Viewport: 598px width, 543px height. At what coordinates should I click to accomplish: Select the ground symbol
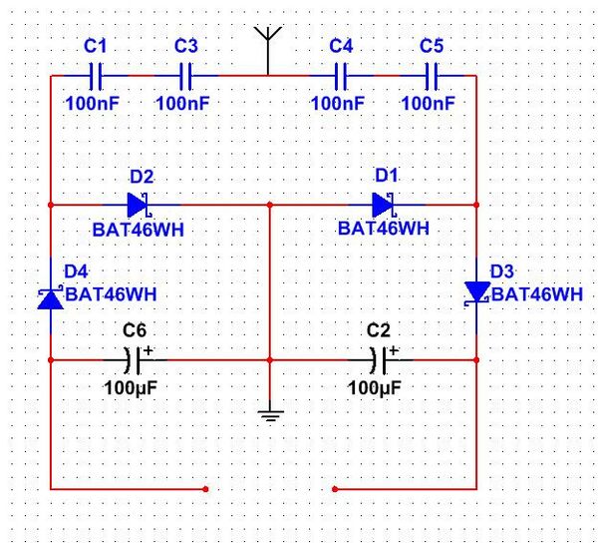[x=270, y=413]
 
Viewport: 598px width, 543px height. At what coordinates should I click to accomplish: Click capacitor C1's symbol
[x=96, y=75]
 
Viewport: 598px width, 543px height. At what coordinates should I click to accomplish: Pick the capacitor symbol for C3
[x=185, y=75]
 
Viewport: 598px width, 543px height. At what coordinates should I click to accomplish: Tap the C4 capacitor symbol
[x=341, y=75]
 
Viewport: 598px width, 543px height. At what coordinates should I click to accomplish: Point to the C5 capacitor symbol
[x=432, y=75]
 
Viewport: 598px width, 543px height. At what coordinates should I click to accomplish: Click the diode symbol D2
[x=139, y=205]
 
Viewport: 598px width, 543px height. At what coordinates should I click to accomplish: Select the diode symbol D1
[x=384, y=205]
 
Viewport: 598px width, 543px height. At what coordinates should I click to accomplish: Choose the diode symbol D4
[x=50, y=295]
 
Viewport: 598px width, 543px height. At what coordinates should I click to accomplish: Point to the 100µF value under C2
[x=375, y=386]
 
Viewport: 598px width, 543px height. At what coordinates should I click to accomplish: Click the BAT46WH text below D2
[x=139, y=229]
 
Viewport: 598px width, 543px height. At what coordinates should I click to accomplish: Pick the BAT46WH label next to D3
[x=537, y=294]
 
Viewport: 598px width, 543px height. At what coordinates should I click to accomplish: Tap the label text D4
[x=76, y=271]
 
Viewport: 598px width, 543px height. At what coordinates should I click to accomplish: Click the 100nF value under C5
[x=429, y=103]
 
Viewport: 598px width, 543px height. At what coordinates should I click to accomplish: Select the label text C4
[x=341, y=46]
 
